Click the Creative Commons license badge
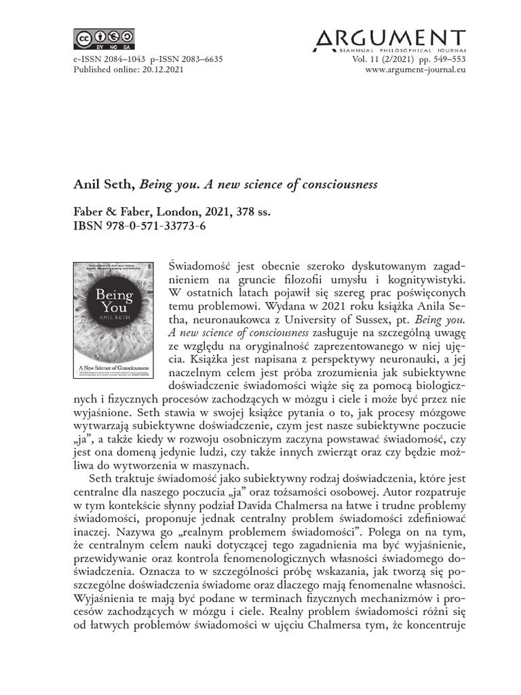coord(104,39)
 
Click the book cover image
coord(113,320)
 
